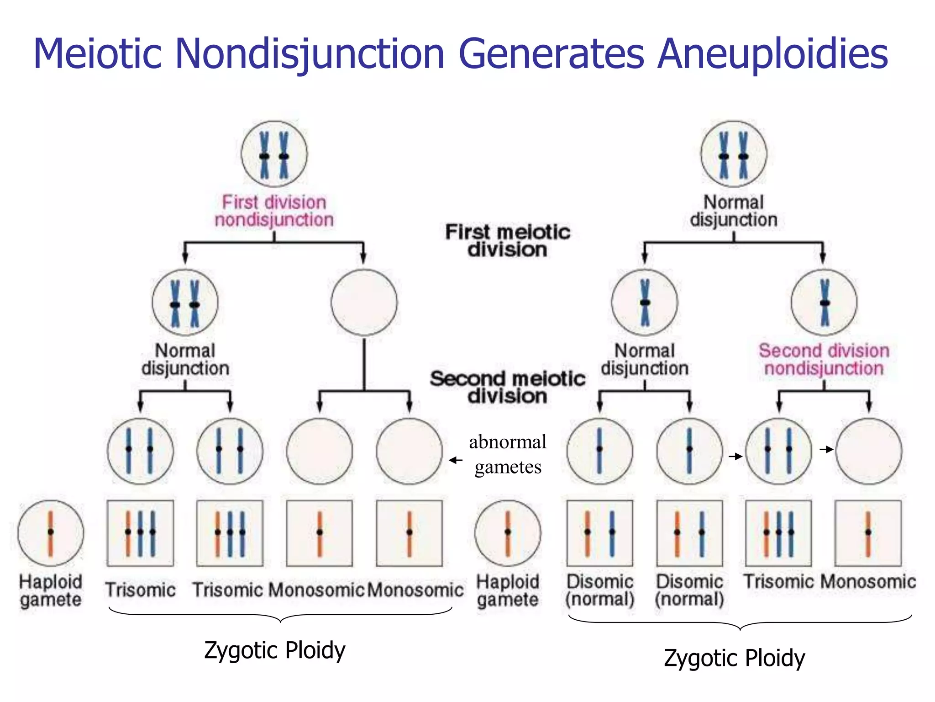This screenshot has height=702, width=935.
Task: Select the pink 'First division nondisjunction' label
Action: click(274, 211)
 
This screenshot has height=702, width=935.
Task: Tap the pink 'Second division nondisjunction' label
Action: click(824, 359)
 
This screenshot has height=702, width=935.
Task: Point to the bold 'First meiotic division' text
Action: click(507, 240)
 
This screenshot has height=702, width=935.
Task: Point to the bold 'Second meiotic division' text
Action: click(507, 387)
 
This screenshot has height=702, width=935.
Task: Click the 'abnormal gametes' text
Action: click(507, 454)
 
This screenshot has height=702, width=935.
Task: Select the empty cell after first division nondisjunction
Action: click(364, 303)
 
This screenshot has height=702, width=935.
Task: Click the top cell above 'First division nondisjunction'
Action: click(274, 154)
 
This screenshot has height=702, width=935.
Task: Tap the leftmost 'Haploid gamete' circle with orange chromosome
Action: click(51, 533)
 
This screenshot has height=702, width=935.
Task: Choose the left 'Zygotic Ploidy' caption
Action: click(274, 650)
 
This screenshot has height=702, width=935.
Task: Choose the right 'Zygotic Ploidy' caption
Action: click(734, 658)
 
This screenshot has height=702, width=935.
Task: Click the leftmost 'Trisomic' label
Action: click(140, 590)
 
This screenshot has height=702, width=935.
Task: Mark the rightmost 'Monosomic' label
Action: click(868, 581)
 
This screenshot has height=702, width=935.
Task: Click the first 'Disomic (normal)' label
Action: click(599, 590)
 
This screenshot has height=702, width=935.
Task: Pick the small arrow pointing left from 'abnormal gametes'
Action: click(456, 460)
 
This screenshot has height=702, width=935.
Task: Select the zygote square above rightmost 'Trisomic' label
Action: click(778, 533)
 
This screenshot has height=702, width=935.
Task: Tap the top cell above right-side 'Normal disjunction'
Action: click(734, 154)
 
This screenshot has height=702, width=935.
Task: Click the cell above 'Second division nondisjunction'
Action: click(824, 303)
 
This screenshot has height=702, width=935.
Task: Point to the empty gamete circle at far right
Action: click(868, 451)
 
